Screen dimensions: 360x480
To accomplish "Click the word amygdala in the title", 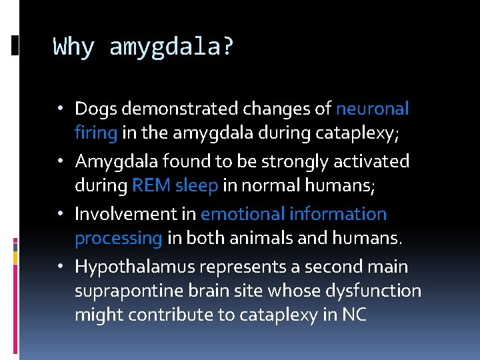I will pos(170,48).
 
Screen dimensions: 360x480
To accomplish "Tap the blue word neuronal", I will pos(373,108).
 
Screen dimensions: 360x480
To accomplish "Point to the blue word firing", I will pos(96,133).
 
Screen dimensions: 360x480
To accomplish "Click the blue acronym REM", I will pos(151,185).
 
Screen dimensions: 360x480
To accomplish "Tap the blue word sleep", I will pos(196,186).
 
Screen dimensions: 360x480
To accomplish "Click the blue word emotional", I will pos(243,214).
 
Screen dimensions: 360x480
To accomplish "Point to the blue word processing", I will pos(119,239).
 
